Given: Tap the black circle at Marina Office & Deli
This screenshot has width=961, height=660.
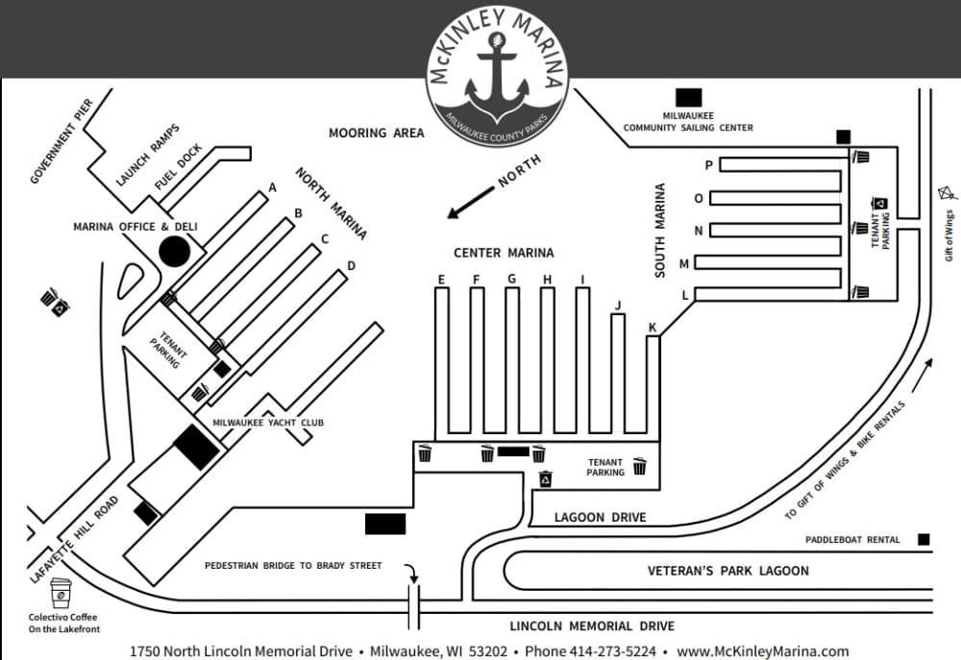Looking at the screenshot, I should (x=174, y=252).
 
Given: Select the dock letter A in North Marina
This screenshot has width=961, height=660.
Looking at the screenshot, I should (x=273, y=188).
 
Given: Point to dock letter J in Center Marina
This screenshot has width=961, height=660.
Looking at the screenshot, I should (x=618, y=306).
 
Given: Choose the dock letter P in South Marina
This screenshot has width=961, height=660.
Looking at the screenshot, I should (x=709, y=165).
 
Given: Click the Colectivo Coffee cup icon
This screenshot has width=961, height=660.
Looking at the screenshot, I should (x=62, y=593).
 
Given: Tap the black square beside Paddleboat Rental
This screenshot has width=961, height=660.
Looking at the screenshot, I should (x=924, y=540).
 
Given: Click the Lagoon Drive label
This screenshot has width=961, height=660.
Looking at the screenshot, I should (x=601, y=518).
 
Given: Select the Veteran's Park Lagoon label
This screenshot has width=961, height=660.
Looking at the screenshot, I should (x=727, y=571).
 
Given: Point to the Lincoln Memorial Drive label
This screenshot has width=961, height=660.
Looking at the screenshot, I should (x=592, y=626).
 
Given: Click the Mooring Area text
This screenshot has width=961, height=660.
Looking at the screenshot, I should (x=376, y=134).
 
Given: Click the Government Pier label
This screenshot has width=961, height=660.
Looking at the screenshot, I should (x=61, y=141).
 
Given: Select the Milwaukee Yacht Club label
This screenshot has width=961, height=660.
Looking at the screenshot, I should (x=268, y=423).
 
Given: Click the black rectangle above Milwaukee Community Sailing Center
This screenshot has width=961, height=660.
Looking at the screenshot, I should (x=689, y=97).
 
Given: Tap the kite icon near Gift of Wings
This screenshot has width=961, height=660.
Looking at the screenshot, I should (x=946, y=192).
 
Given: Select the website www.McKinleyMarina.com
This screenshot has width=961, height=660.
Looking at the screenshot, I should (x=762, y=651).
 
